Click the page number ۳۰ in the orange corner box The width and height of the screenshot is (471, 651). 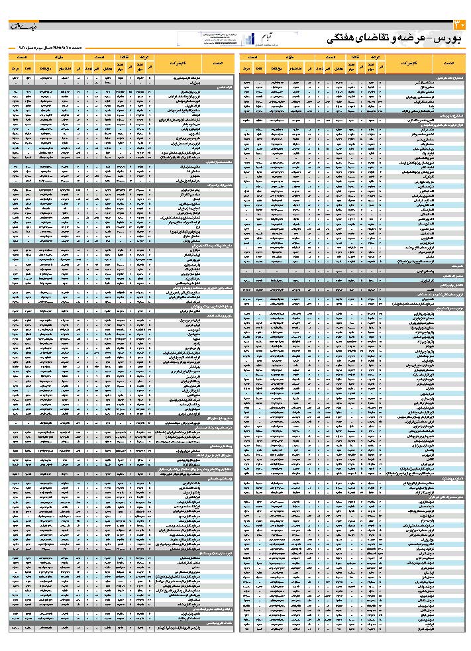461,25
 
